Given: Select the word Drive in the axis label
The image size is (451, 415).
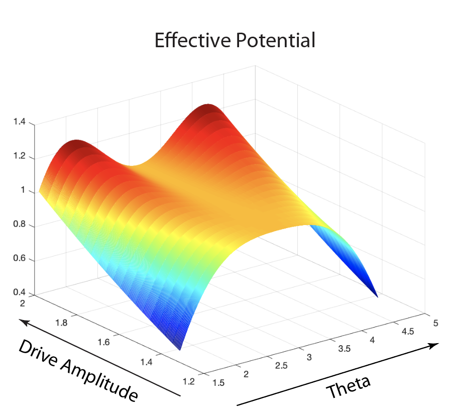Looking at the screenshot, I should [38, 352].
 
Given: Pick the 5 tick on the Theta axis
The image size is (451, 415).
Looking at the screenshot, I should [433, 324].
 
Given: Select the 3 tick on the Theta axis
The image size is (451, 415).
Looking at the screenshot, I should [310, 357].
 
